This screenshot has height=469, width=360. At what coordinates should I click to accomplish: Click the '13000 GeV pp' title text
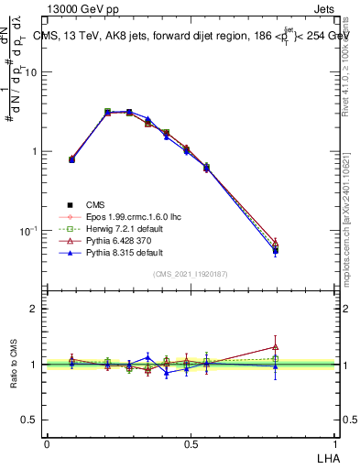(88, 11)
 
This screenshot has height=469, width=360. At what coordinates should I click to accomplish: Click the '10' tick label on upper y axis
(34, 71)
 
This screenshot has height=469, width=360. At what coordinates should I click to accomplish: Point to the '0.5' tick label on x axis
(191, 443)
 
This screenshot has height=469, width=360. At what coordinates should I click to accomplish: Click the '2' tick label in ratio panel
(36, 309)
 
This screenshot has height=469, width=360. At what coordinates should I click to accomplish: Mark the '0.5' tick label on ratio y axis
(30, 420)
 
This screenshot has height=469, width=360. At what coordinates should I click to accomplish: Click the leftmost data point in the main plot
(71, 159)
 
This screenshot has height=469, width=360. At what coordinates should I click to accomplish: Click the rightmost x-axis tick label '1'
(335, 443)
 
